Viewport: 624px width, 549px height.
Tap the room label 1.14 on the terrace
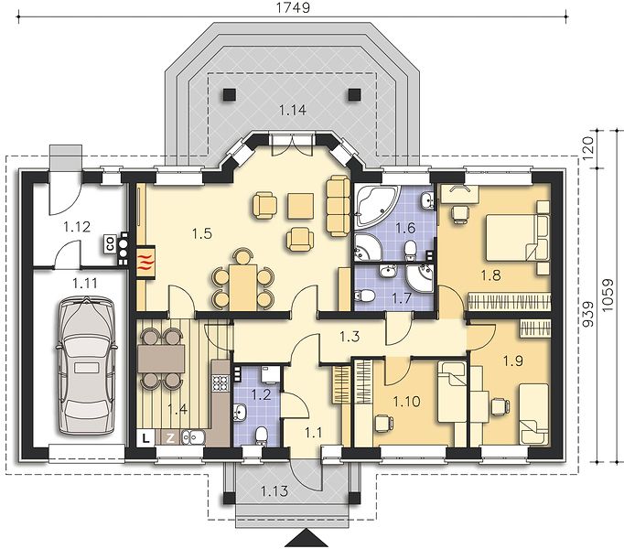point(293,110)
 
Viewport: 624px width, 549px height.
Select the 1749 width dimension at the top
point(293,7)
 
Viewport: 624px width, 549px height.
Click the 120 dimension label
point(588,148)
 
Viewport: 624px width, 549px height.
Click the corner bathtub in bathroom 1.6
point(376,205)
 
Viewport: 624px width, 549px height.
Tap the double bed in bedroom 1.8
point(511,237)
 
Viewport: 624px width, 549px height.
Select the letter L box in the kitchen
point(146,438)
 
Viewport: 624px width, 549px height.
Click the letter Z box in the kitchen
point(170,438)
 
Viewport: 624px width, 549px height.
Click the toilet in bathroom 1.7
point(364,296)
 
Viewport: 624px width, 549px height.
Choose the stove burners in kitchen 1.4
point(221,382)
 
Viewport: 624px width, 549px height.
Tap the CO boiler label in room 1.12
point(110,243)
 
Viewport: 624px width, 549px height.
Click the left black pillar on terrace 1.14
point(230,94)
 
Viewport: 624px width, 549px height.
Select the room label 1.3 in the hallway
point(350,337)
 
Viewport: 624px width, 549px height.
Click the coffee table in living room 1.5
point(301,206)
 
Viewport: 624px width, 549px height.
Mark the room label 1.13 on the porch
point(274,491)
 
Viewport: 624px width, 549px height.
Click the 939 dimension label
point(588,315)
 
